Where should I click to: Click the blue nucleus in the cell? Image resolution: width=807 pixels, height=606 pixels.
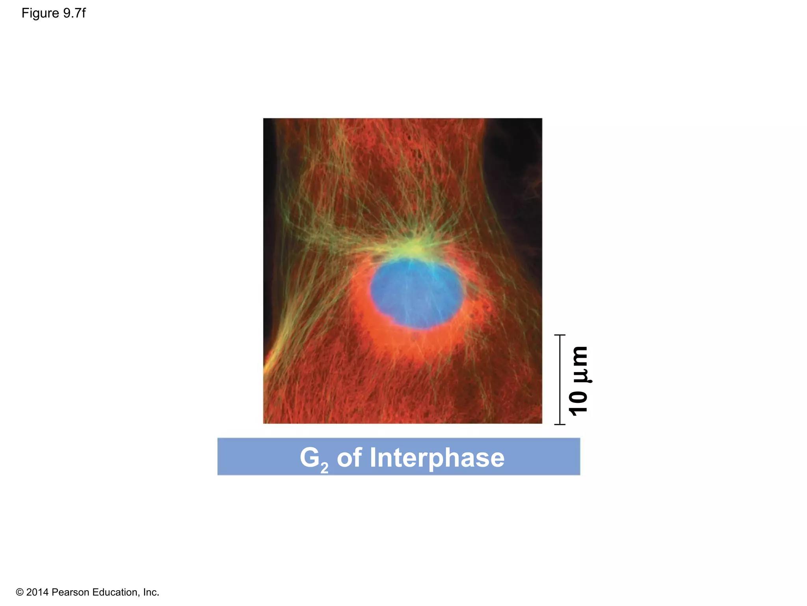pyautogui.click(x=416, y=293)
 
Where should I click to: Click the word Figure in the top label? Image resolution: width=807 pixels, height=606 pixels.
pyautogui.click(x=40, y=13)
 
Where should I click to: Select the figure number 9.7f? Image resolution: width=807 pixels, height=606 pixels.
pyautogui.click(x=74, y=13)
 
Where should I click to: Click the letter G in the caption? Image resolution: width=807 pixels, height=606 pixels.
pyautogui.click(x=310, y=457)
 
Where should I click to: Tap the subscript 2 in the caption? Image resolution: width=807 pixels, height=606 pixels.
pyautogui.click(x=324, y=468)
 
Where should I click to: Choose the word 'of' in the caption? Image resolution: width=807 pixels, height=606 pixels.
pyautogui.click(x=349, y=458)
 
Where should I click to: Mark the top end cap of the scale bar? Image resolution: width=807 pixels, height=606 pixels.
pyautogui.click(x=560, y=335)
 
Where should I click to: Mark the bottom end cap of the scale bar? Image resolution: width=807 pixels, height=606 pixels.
pyautogui.click(x=560, y=425)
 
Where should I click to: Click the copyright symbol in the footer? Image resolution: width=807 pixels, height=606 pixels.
pyautogui.click(x=20, y=592)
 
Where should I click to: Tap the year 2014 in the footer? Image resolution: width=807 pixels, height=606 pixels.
pyautogui.click(x=37, y=592)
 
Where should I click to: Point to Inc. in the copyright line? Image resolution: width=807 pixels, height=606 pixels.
pyautogui.click(x=151, y=592)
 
